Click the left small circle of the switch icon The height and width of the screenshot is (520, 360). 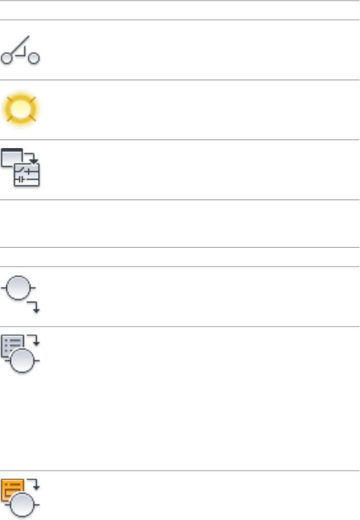pos(6,59)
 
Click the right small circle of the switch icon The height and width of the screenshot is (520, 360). pos(34,59)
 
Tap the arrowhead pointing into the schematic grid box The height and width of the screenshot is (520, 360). pos(33,162)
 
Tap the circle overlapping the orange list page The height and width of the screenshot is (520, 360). pos(23,505)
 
